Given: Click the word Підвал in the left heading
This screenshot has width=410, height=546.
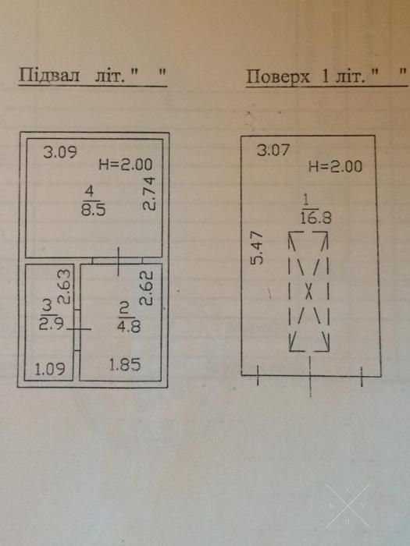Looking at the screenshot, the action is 49,75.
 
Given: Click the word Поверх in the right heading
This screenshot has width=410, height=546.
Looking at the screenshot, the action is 278,76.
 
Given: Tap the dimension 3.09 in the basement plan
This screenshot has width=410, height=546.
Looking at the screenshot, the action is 60,152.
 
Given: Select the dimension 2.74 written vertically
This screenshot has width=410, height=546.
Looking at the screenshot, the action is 150,194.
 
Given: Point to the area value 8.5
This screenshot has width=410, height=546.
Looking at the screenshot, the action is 94,211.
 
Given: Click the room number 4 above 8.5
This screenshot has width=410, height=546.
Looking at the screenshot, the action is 90,192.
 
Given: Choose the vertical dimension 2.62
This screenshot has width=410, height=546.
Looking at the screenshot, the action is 147,288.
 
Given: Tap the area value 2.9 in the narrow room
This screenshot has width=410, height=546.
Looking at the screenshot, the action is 52,324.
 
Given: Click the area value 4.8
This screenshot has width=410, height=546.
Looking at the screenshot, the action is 130,327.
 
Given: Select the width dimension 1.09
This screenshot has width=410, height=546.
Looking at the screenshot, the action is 49,370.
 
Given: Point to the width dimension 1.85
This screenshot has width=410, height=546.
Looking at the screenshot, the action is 125,365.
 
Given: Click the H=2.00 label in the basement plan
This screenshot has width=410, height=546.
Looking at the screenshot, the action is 126,164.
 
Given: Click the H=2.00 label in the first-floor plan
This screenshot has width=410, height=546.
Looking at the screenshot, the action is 335,166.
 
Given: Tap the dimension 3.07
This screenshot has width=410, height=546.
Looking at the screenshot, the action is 273,150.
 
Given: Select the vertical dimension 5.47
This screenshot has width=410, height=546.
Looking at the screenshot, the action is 258,248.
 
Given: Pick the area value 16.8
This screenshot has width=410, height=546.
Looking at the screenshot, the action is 316,218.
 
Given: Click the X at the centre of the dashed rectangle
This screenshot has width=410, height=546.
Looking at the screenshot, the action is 309,291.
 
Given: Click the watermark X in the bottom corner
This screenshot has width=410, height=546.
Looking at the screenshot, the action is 348,506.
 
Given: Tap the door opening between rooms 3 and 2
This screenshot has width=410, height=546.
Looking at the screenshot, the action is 77,329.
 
